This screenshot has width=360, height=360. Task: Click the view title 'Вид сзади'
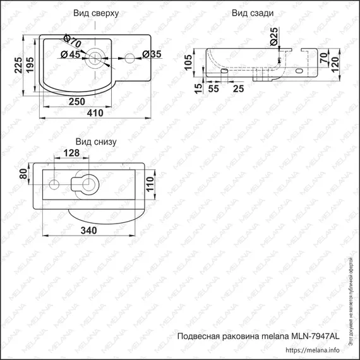coord(253,13)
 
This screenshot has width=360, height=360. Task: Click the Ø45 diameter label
coord(71,55)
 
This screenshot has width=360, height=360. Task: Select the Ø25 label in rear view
coord(274,37)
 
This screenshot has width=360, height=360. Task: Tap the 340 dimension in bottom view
coord(88,231)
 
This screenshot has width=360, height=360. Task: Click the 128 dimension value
coord(71,153)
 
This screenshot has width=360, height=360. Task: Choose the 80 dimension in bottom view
coord(25,174)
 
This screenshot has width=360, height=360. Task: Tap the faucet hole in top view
coord(129,59)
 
